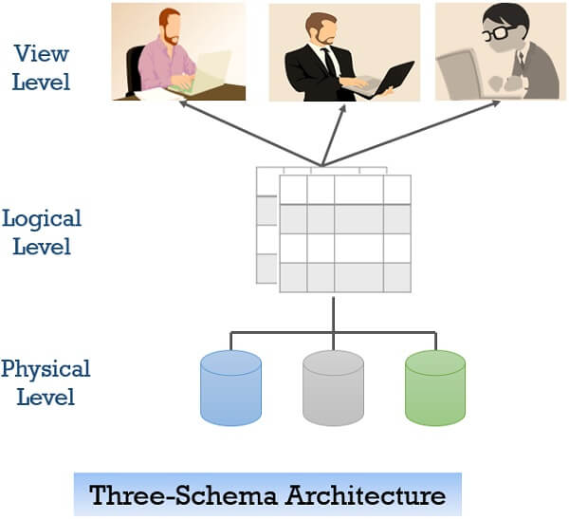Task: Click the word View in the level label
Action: [40, 54]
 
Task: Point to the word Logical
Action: [42, 218]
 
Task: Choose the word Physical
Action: [45, 368]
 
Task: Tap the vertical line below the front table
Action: [333, 312]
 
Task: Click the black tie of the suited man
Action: [328, 63]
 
